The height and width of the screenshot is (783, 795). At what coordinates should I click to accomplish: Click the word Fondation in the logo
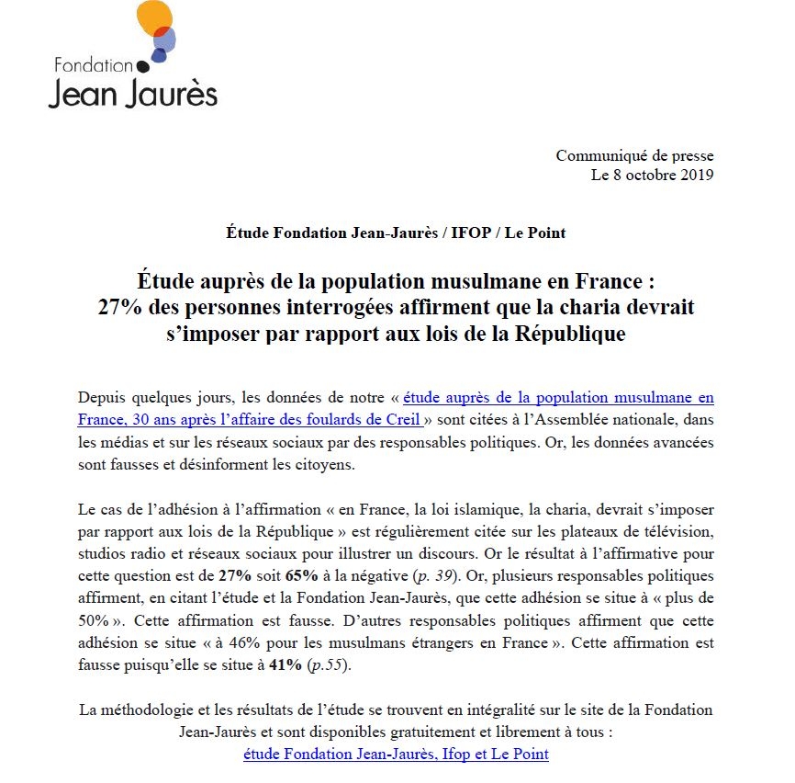94,65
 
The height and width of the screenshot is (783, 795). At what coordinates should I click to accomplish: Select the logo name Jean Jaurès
132,94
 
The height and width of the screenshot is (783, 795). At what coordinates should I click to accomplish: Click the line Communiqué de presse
634,156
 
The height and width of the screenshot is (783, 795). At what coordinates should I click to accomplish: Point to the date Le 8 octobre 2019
653,175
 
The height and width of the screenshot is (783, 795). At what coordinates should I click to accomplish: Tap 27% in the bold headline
120,308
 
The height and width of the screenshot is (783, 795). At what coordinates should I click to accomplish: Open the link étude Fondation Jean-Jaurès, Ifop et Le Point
396,755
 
